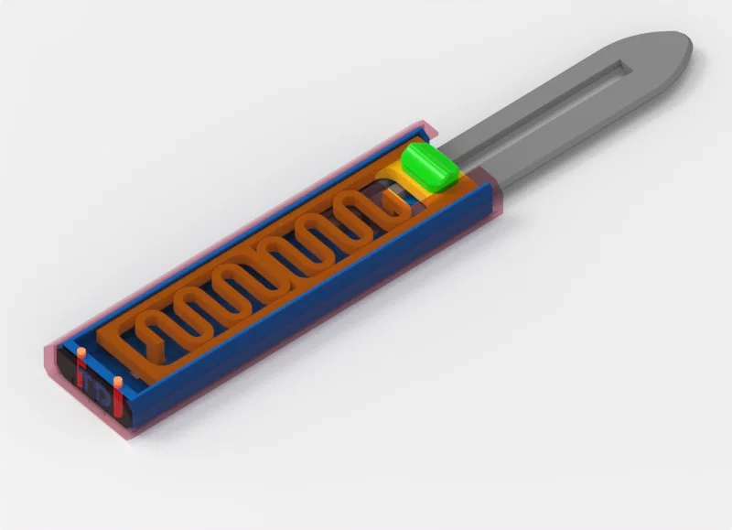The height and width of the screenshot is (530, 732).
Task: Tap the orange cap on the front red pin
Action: (118, 380)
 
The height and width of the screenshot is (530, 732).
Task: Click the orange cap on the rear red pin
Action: (81, 352)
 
